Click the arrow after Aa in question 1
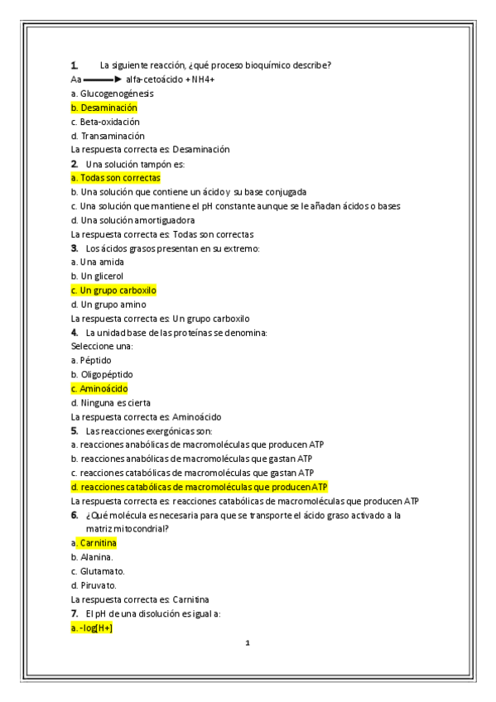[x=103, y=79]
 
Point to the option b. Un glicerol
[x=98, y=276]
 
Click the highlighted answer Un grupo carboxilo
[x=113, y=291]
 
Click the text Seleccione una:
[x=102, y=347]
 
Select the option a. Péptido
[x=91, y=361]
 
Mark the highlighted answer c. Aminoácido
[x=99, y=389]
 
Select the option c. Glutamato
[x=99, y=571]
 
